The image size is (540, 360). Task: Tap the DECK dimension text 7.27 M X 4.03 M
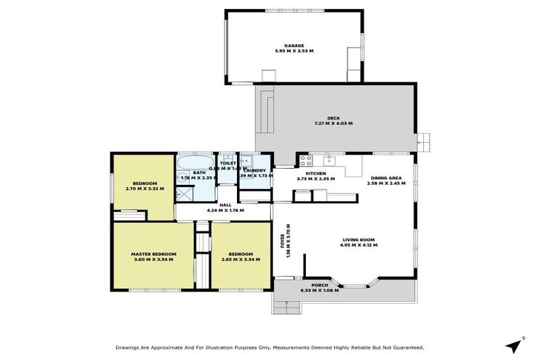333,124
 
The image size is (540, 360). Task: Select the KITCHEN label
316,173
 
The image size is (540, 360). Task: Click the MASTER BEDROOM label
153,254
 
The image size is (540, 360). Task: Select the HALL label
225,205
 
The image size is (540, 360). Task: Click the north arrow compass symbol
516,345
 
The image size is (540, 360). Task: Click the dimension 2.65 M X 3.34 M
240,259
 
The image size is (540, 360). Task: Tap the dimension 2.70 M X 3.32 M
144,188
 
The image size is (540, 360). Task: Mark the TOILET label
227,163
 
